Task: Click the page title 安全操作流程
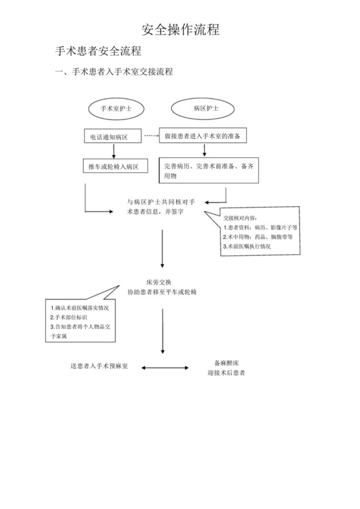click(x=180, y=30)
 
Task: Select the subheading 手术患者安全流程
click(x=98, y=51)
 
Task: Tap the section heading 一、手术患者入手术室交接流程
click(x=114, y=72)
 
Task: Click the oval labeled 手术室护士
click(x=116, y=109)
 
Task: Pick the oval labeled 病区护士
click(x=205, y=109)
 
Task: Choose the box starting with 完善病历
click(x=207, y=170)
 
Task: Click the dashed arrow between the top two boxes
click(x=152, y=136)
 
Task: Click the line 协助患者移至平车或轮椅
click(x=163, y=292)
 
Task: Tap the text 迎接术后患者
click(x=226, y=373)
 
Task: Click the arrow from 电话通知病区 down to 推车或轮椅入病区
click(x=114, y=150)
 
